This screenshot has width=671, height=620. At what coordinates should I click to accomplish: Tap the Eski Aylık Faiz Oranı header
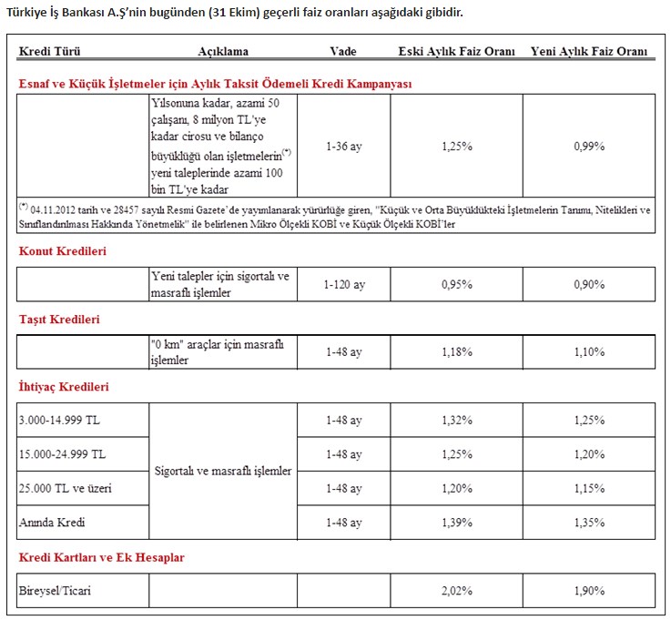click(456, 52)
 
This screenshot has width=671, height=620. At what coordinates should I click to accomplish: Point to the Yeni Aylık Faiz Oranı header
click(589, 52)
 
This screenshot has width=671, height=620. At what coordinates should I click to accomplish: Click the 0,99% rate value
click(589, 146)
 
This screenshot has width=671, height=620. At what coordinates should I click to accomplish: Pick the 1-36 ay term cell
click(343, 146)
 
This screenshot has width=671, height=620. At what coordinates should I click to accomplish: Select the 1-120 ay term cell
click(343, 285)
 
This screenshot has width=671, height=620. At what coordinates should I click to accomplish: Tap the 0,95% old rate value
click(456, 285)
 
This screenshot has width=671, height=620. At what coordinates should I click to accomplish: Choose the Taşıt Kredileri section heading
click(59, 320)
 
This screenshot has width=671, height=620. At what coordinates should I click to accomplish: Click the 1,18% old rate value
click(456, 352)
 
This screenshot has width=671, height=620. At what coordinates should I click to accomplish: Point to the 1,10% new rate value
click(589, 352)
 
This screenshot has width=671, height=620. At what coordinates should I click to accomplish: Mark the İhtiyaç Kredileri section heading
click(64, 387)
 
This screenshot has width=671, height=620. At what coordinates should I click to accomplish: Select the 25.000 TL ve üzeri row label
click(66, 489)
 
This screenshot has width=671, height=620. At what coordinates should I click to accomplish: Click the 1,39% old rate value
click(456, 523)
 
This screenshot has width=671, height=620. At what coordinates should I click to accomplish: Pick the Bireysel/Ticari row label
click(55, 591)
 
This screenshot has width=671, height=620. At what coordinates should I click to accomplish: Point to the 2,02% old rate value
click(456, 591)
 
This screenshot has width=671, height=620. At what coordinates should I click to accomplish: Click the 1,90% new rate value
click(589, 591)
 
